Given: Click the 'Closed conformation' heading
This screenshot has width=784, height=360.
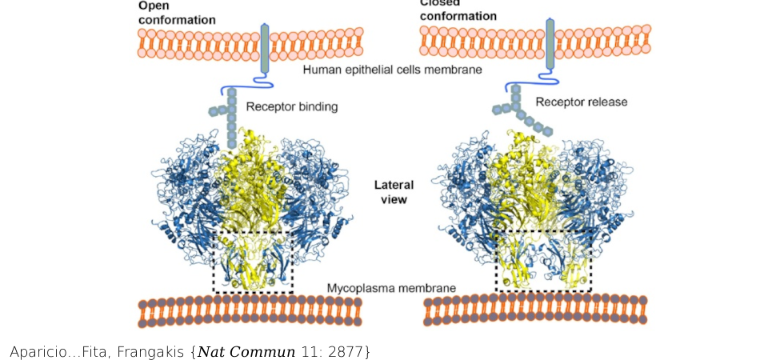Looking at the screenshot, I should point(458,10).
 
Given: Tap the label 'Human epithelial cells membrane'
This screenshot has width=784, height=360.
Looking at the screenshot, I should point(392,70).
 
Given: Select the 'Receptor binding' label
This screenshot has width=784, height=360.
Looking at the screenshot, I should point(292,106).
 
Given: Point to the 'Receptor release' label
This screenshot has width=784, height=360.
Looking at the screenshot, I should point(582,102).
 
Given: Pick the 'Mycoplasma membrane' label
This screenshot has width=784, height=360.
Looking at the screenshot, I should point(391,288).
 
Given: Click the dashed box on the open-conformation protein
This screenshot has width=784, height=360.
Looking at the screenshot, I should point(253,262).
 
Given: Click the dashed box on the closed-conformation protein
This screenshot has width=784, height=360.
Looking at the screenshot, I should point(543,260).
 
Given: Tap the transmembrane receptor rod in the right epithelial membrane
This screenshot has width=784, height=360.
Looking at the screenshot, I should point(550,43).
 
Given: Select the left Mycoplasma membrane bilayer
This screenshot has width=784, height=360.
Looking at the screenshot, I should point(250,311).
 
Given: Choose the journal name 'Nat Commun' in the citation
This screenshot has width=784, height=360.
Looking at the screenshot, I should point(247,351).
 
